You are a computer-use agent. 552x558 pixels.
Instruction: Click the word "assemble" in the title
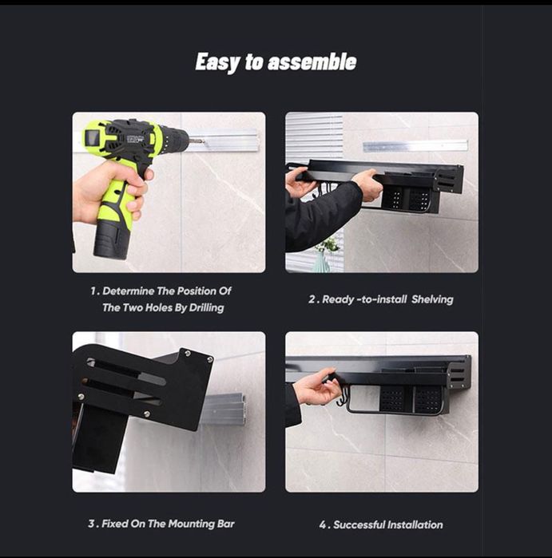point(312,61)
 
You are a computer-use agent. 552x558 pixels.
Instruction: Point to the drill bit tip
point(204,141)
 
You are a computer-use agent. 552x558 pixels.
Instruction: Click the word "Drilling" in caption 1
point(206,308)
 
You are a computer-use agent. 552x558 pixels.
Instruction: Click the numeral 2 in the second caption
point(312,299)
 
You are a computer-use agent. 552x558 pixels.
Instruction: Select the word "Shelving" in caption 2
point(432,299)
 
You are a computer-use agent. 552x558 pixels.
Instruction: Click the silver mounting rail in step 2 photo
point(415,146)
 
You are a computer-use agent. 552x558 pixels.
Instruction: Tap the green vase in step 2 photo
point(322,262)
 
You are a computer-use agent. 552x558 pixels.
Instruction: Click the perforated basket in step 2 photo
point(406,198)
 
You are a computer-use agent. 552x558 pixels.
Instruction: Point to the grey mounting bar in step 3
point(224,410)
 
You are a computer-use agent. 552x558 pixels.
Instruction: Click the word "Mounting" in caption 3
point(191,524)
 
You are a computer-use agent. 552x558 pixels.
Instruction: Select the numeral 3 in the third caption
point(92,524)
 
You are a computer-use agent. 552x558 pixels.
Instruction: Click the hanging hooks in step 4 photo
point(343,396)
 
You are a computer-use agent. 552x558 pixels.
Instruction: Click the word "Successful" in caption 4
point(359,525)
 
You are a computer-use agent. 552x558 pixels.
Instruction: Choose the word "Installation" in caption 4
point(415,525)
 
